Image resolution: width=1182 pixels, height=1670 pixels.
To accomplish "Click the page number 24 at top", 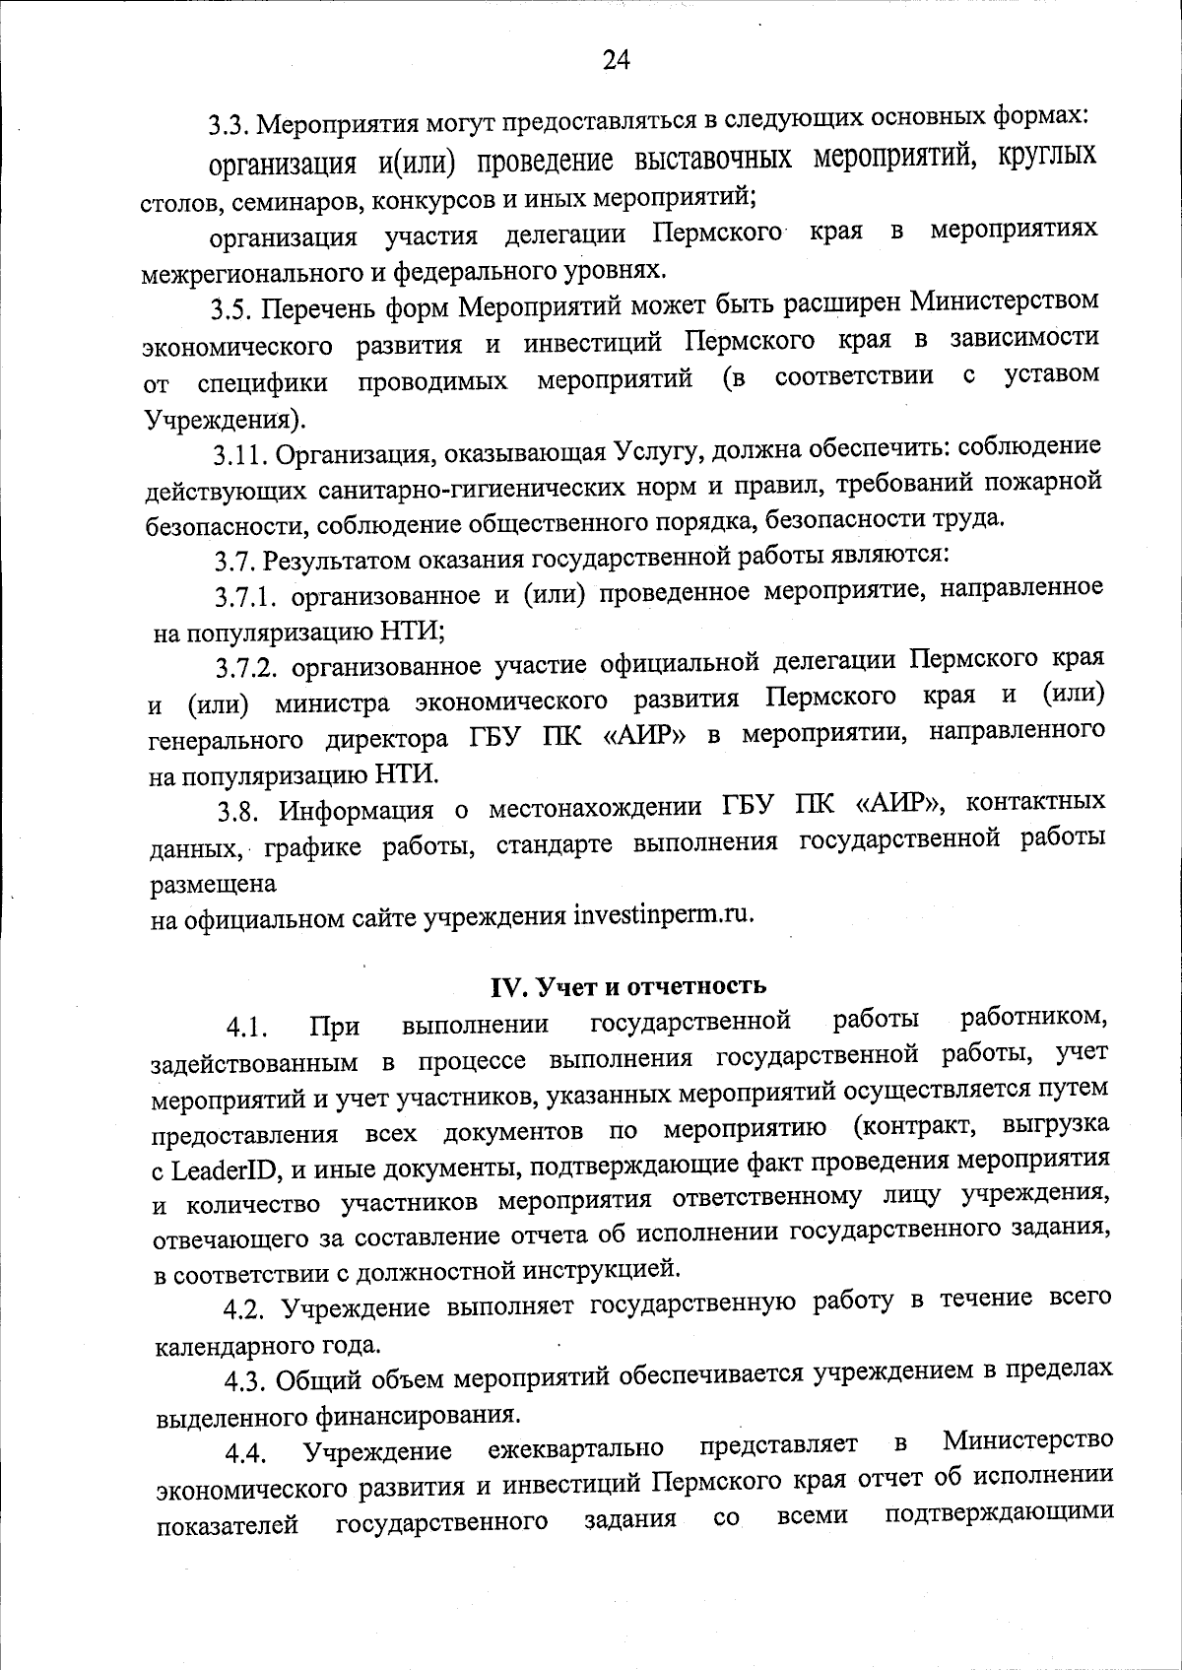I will coord(616,61).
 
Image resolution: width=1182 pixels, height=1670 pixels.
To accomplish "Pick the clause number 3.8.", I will coord(238,812).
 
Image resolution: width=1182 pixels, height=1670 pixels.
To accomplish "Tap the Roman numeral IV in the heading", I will coord(505,986).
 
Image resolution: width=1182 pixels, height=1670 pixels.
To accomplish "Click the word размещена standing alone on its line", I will coord(213,884).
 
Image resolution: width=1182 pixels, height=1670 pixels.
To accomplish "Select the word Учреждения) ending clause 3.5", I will coord(226,420).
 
